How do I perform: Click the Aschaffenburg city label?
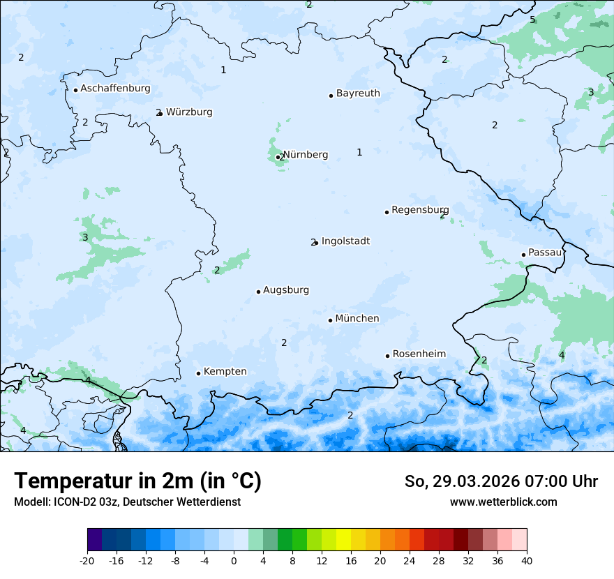(115, 89)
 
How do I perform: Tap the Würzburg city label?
(188, 112)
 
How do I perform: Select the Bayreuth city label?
(358, 93)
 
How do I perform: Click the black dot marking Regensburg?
(387, 212)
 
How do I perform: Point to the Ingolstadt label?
(345, 241)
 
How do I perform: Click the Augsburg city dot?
(258, 292)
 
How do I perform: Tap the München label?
(357, 318)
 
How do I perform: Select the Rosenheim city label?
(419, 354)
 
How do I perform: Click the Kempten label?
(225, 371)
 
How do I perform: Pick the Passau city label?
(544, 253)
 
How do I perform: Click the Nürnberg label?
(305, 154)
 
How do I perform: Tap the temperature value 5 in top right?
(532, 20)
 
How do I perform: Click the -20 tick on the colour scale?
(87, 560)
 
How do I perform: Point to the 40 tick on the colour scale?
(526, 560)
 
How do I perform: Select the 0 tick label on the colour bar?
(234, 560)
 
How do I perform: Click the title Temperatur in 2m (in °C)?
(137, 481)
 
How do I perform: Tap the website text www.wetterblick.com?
(503, 502)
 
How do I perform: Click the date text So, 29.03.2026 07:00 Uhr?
(500, 481)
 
